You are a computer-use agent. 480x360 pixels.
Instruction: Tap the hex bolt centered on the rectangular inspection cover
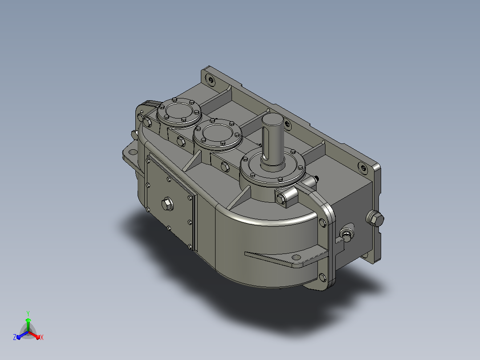point(167,205)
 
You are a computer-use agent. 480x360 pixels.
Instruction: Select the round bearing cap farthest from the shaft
point(179,112)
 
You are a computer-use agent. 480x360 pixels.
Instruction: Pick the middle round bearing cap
point(218,134)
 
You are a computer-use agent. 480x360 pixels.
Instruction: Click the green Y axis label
point(28,313)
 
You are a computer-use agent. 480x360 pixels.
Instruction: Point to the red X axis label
point(42,337)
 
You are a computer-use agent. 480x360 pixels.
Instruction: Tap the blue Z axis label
point(15,337)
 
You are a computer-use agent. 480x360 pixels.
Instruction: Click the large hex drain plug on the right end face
point(375,218)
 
